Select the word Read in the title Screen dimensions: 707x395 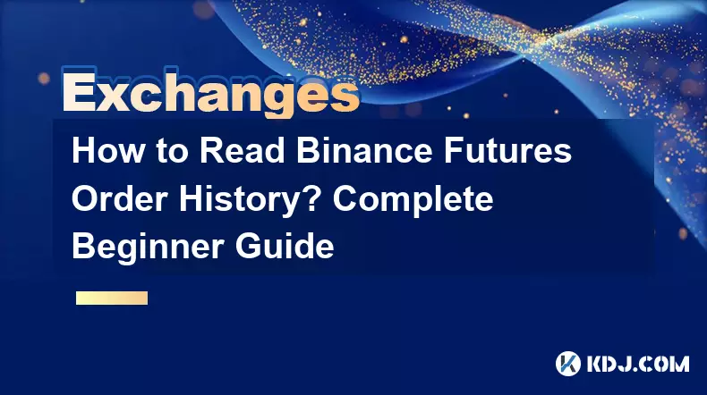pyautogui.click(x=243, y=151)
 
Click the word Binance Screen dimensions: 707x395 pyautogui.click(x=364, y=151)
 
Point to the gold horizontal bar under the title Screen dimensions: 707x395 pyautogui.click(x=112, y=298)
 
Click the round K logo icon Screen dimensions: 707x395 pyautogui.click(x=568, y=364)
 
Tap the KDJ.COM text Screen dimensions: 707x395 pyautogui.click(x=638, y=364)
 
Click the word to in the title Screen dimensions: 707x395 pyautogui.click(x=172, y=152)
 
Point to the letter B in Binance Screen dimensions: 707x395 pyautogui.click(x=308, y=151)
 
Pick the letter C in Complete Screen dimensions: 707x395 pyautogui.click(x=345, y=198)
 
